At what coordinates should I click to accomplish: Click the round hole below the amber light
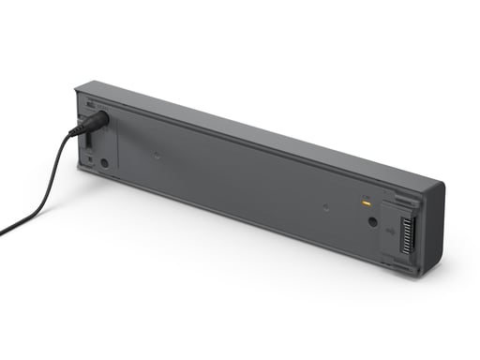coord(373,223)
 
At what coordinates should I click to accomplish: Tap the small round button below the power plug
coord(104,162)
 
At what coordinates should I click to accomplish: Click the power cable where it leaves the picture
coord(3,231)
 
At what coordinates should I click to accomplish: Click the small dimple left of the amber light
coord(324,206)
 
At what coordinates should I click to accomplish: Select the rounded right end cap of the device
coord(433,225)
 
